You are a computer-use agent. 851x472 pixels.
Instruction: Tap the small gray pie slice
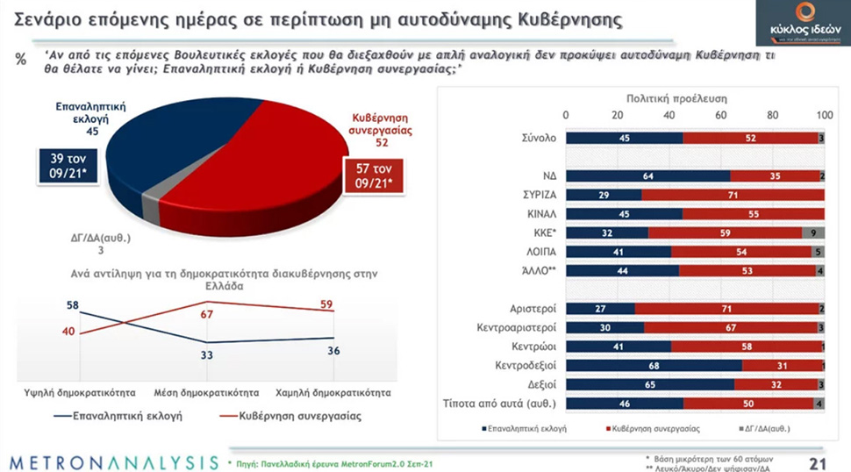[152, 206]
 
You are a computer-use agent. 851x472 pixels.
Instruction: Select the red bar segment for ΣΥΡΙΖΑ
[732, 194]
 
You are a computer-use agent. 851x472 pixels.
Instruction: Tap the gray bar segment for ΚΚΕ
[813, 233]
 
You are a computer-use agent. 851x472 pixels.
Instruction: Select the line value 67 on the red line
[208, 314]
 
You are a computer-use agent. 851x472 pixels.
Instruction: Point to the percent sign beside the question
[21, 58]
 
